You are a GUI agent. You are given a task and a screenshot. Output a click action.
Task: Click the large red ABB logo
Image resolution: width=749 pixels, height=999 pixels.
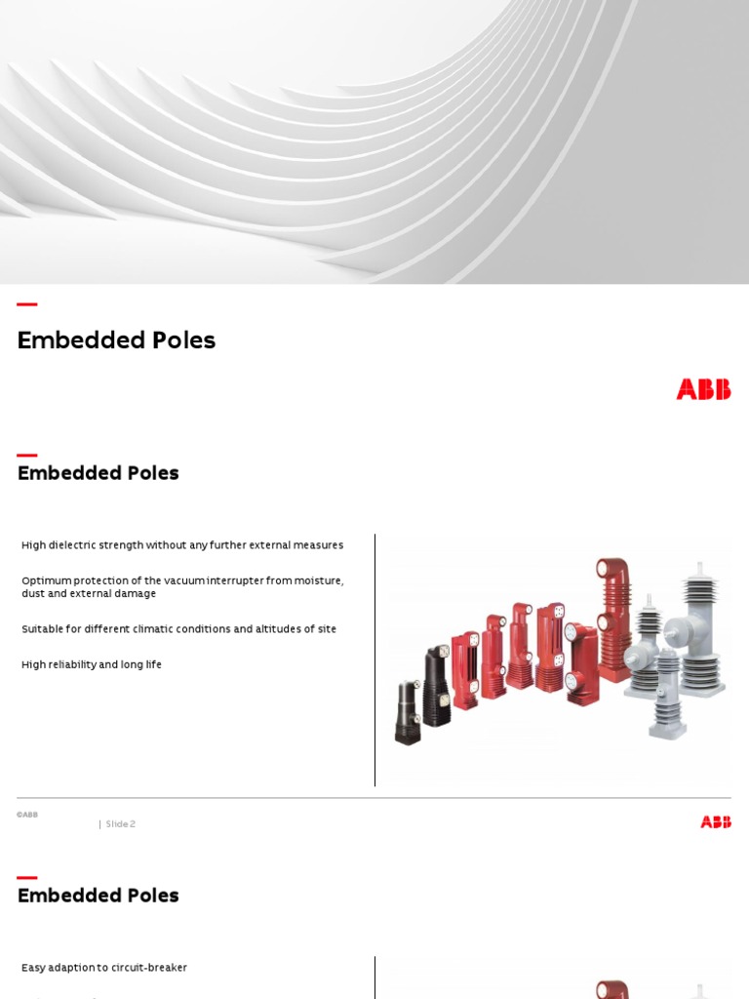click(x=703, y=389)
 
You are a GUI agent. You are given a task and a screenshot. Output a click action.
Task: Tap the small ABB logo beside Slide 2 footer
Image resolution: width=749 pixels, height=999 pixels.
click(x=715, y=822)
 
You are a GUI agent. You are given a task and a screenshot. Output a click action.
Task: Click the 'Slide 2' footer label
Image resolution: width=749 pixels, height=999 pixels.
click(x=121, y=824)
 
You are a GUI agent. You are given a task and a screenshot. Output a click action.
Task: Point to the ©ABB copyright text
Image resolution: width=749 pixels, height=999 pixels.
click(x=27, y=815)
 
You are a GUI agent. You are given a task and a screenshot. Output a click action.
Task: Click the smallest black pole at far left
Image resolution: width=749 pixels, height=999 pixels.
click(x=407, y=712)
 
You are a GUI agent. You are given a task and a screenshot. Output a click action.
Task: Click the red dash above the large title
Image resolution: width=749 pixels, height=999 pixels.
click(x=27, y=305)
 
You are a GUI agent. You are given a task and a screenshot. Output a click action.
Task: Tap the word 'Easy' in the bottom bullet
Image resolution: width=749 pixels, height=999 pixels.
click(x=34, y=968)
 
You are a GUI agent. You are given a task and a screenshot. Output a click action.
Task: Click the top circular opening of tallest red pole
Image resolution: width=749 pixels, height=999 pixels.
click(x=615, y=568)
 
